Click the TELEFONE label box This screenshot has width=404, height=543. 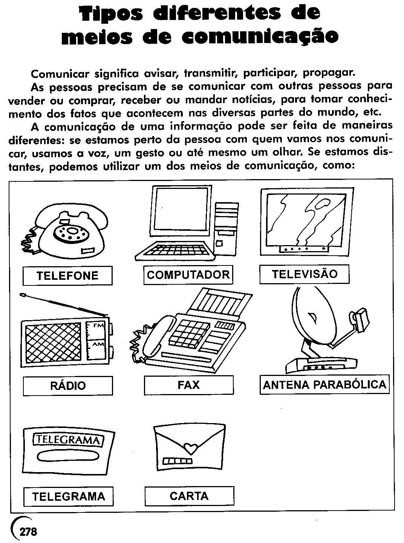67,276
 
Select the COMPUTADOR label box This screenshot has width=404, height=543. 188,275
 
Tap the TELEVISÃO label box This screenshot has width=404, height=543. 305,274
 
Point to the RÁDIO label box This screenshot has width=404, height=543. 68,385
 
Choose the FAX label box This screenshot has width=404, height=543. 188,385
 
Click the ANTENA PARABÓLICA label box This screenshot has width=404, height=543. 324,385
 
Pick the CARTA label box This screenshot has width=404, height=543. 189,495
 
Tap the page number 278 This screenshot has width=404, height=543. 28,532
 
